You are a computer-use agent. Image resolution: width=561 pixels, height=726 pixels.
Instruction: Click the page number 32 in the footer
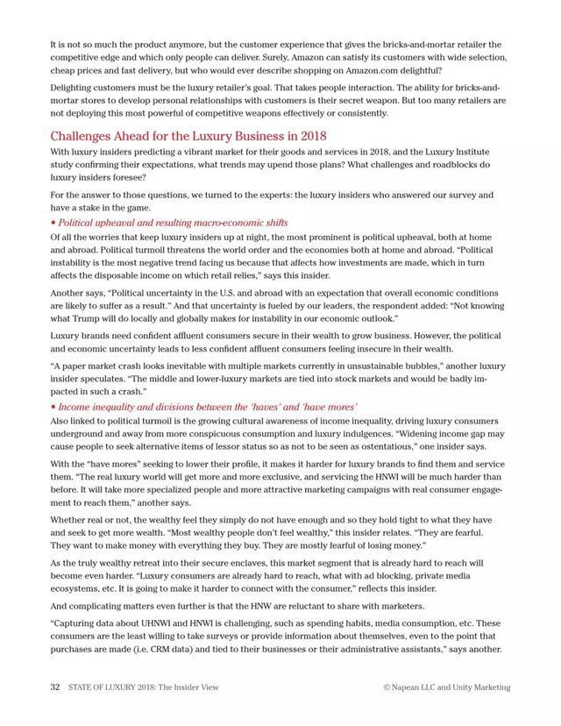pyautogui.click(x=54, y=687)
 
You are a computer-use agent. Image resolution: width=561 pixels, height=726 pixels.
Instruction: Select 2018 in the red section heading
pyautogui.click(x=311, y=136)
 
